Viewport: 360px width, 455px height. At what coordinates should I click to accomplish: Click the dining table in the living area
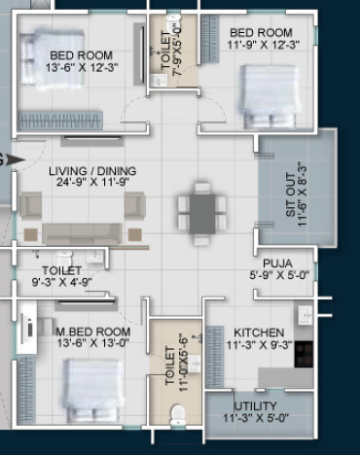(x=202, y=214)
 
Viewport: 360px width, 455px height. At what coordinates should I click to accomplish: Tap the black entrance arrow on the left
(x=16, y=159)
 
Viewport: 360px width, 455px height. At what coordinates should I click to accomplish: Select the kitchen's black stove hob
(x=304, y=354)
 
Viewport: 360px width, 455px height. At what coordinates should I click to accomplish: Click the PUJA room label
(x=277, y=263)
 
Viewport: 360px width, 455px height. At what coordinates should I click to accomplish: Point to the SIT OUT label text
(x=291, y=194)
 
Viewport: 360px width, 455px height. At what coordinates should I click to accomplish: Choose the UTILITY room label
(x=255, y=406)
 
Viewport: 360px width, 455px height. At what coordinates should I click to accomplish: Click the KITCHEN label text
(x=259, y=332)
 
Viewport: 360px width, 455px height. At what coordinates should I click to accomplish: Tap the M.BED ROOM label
(x=93, y=332)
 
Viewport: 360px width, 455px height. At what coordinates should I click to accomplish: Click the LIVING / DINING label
(x=92, y=171)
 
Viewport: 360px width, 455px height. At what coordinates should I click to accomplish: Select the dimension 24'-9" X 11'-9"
(x=92, y=182)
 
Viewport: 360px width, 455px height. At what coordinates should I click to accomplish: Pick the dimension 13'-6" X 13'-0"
(x=93, y=342)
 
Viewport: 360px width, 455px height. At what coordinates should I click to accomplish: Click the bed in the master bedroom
(x=93, y=390)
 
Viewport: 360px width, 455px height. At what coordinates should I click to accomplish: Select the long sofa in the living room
(x=83, y=233)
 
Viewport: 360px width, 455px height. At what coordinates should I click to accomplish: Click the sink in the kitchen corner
(x=305, y=314)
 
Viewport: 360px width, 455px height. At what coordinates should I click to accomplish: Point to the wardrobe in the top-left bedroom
(x=60, y=121)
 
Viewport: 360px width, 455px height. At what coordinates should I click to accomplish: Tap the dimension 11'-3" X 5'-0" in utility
(x=256, y=418)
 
